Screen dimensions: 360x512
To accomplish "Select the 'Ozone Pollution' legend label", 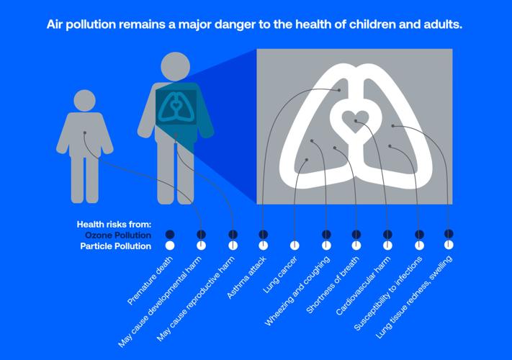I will coord(119,235).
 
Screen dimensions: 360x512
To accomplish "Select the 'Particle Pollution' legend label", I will coord(117,246).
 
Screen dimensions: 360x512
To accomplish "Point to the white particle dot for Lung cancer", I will coord(295,246).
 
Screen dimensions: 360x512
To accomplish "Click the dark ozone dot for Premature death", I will coord(170,234).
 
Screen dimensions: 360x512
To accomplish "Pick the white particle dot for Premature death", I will coord(170,246).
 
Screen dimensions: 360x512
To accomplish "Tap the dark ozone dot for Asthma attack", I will coord(264,234).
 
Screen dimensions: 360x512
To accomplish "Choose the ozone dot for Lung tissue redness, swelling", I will coord(449,233).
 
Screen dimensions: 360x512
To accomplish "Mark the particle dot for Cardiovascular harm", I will coord(387,246).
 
